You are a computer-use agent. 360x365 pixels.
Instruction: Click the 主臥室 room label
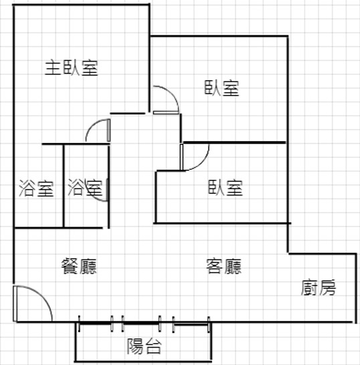(x=72, y=68)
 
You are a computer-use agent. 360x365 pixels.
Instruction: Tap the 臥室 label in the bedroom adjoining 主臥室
(x=222, y=88)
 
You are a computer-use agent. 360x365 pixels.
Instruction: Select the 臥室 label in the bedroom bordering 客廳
(x=226, y=187)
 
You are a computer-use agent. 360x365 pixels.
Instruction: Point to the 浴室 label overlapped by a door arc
(x=85, y=188)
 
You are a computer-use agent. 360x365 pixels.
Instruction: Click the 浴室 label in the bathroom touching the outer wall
(x=36, y=188)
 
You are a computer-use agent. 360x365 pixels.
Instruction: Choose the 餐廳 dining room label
(x=79, y=266)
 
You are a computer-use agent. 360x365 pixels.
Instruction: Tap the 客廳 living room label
(x=224, y=266)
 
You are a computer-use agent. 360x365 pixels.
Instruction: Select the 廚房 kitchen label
(x=319, y=287)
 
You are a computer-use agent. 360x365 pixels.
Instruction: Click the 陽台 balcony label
(x=144, y=346)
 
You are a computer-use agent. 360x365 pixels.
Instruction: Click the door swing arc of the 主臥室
(x=92, y=125)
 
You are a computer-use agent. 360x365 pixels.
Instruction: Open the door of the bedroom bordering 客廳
(x=202, y=162)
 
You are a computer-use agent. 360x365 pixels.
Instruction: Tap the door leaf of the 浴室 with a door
(x=107, y=190)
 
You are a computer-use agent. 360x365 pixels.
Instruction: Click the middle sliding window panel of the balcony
(x=141, y=323)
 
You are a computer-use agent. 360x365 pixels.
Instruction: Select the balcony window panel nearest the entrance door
(x=95, y=323)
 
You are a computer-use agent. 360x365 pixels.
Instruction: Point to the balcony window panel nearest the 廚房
(x=191, y=324)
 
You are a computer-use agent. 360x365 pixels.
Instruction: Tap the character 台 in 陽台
(x=153, y=346)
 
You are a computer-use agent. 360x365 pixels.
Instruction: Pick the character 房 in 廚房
(x=328, y=287)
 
